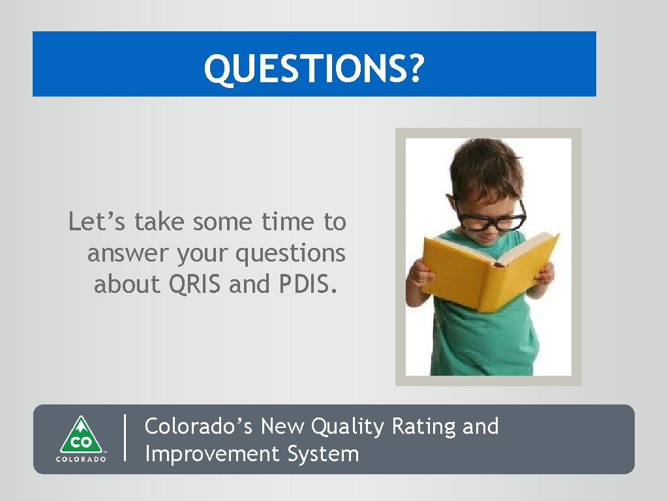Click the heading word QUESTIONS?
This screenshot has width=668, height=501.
(314, 68)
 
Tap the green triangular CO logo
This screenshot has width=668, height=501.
(80, 435)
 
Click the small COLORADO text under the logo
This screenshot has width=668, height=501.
(80, 459)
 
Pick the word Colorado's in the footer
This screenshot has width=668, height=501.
(198, 427)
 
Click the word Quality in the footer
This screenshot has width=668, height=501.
(348, 427)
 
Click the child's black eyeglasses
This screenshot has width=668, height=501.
(491, 216)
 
